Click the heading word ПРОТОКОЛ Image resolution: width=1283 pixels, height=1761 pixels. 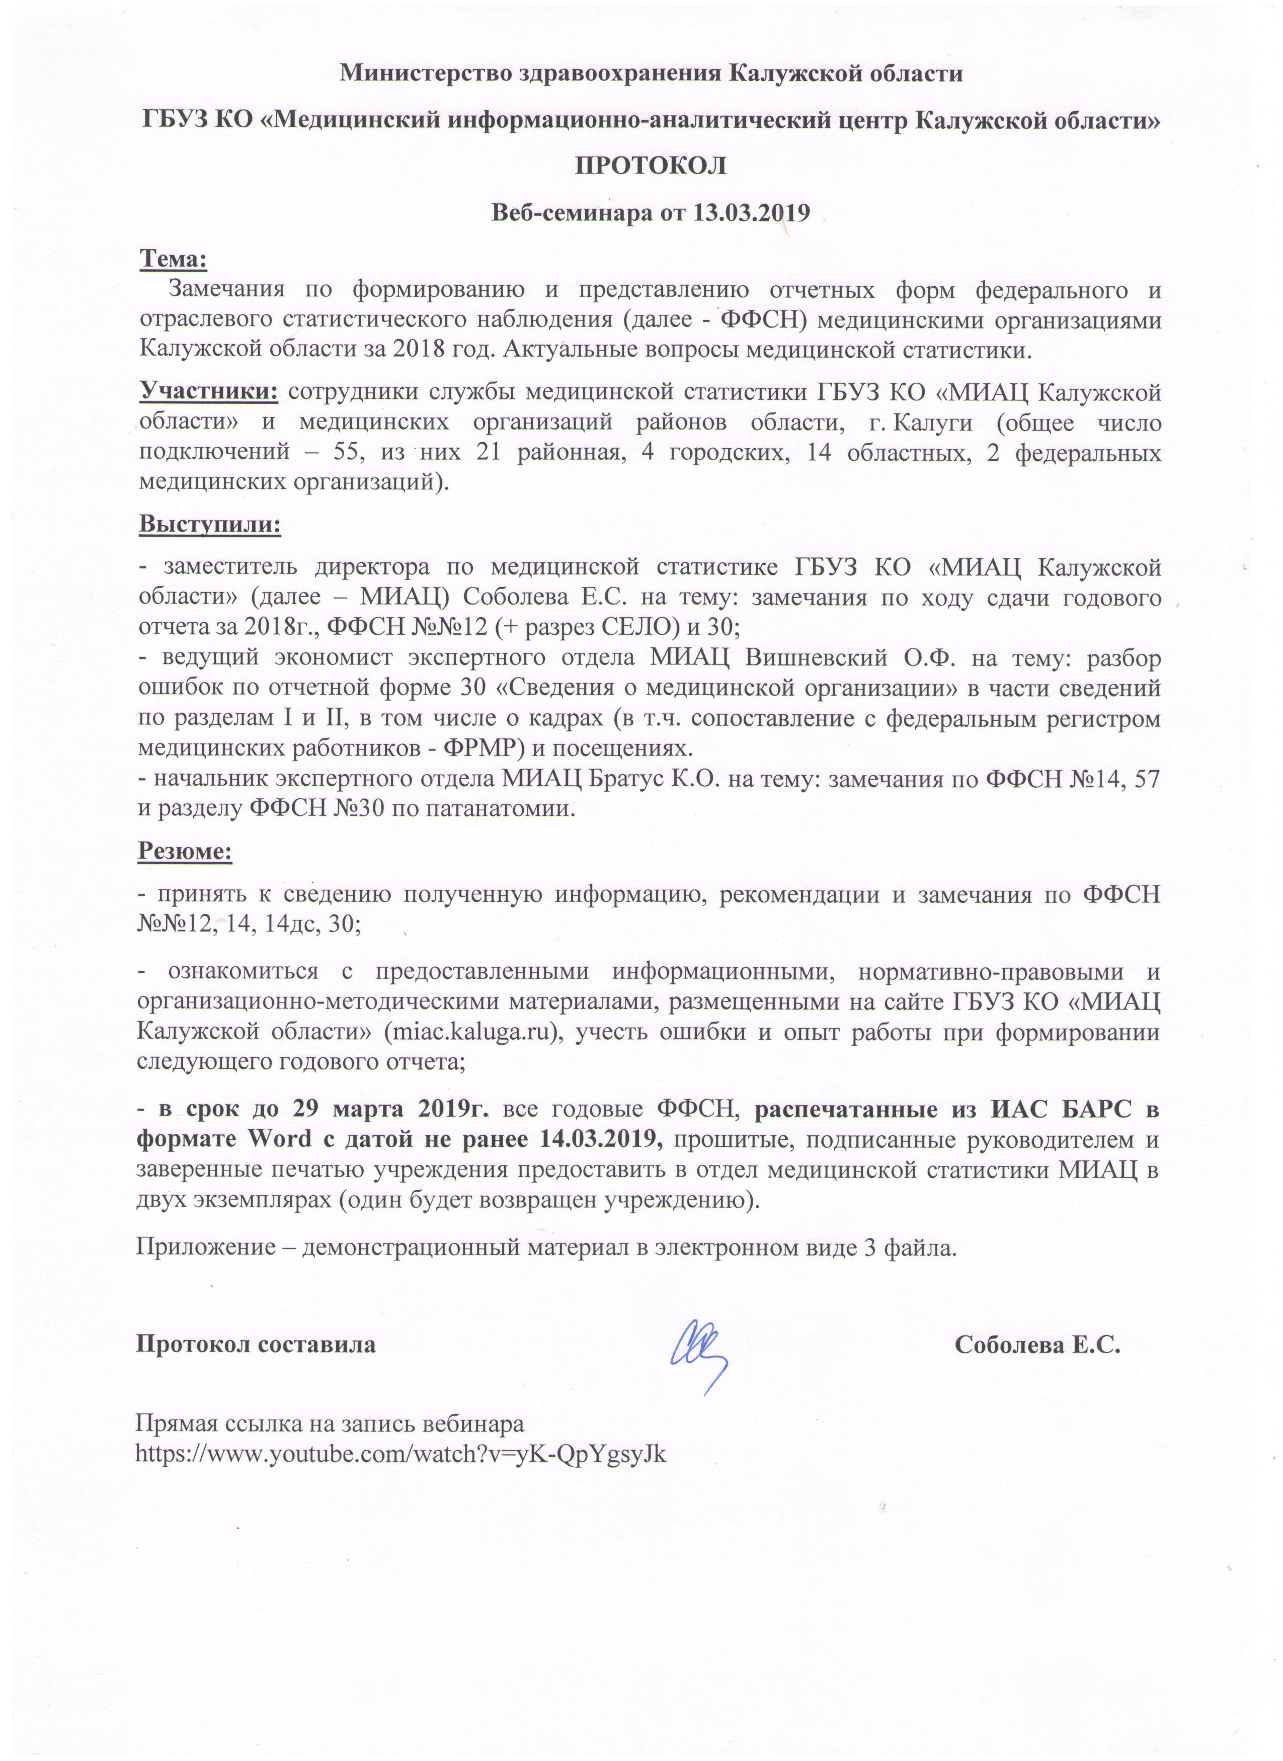point(650,166)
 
